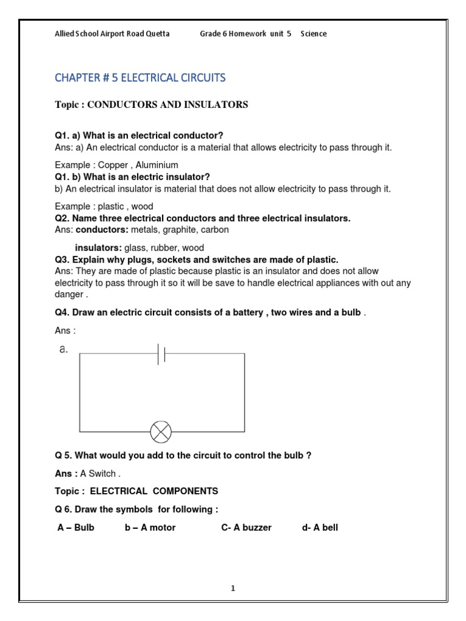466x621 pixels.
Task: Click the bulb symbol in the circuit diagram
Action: tap(161, 432)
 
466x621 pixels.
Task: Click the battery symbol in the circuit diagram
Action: tap(161, 354)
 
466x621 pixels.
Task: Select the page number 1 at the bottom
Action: tap(233, 588)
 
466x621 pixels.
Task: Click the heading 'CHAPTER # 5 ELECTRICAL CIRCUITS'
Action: tap(140, 78)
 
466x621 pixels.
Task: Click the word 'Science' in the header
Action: tap(314, 34)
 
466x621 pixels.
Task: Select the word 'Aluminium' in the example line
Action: tap(157, 165)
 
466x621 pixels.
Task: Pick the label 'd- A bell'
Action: tap(320, 528)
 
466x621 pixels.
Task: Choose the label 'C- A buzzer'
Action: tap(246, 528)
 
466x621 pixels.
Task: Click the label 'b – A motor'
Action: tap(150, 528)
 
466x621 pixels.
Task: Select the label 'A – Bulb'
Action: tap(76, 528)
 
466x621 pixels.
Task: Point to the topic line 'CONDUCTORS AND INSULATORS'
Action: tap(168, 105)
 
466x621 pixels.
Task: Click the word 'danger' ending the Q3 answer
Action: tap(69, 294)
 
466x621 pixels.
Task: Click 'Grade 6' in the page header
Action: tap(213, 34)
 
